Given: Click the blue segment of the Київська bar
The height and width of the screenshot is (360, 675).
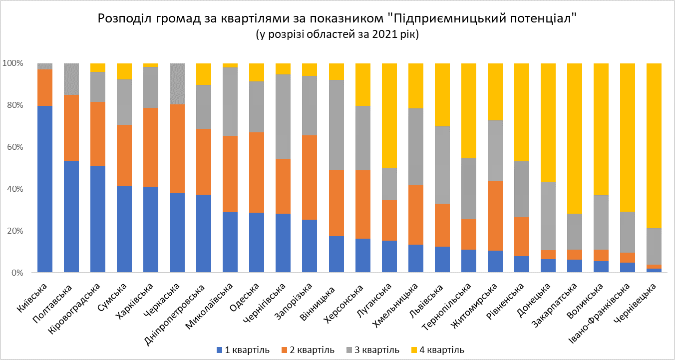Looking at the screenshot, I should click(x=45, y=189).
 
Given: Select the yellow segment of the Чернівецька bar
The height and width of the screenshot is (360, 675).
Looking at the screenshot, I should click(x=654, y=145).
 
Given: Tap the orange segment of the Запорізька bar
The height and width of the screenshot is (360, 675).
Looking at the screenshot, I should click(x=309, y=177).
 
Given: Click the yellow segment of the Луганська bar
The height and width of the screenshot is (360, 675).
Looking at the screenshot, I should click(x=389, y=115).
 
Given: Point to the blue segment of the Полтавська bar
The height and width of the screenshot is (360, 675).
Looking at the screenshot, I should click(x=71, y=217).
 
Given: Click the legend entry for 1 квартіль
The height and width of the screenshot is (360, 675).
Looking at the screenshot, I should click(x=243, y=350).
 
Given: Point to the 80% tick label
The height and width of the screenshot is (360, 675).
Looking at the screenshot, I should click(x=13, y=105).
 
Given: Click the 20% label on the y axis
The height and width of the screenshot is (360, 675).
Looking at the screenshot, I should click(x=13, y=231).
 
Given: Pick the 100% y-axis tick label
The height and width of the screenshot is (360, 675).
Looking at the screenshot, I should click(x=11, y=63).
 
